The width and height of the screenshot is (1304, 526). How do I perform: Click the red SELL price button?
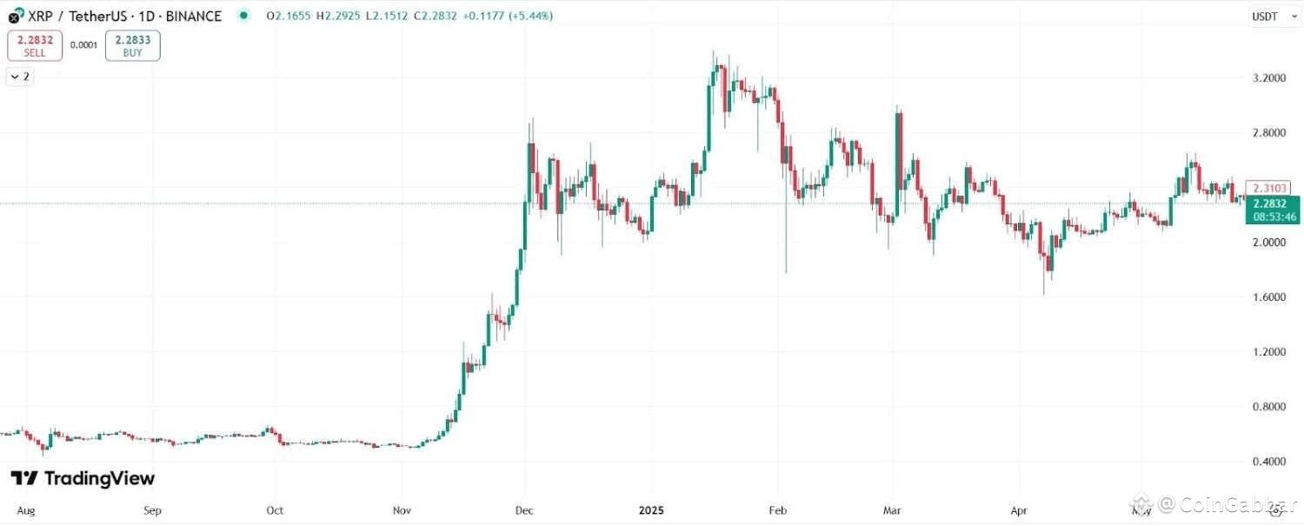coord(35,46)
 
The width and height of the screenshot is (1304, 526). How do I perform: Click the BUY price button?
coord(132,46)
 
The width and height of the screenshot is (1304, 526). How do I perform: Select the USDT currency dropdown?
coord(1274,16)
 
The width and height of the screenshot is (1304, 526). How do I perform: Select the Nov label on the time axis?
coord(403,510)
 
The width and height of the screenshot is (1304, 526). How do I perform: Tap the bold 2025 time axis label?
coord(650,510)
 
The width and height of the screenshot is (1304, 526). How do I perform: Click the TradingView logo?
coord(83,478)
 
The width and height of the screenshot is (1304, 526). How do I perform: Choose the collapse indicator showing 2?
coord(20,77)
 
